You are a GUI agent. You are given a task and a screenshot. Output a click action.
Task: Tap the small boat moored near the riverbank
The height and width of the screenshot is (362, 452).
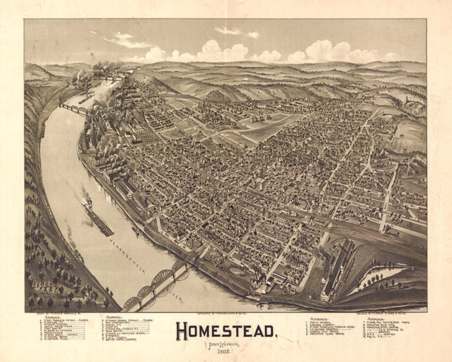coord(135,230)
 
